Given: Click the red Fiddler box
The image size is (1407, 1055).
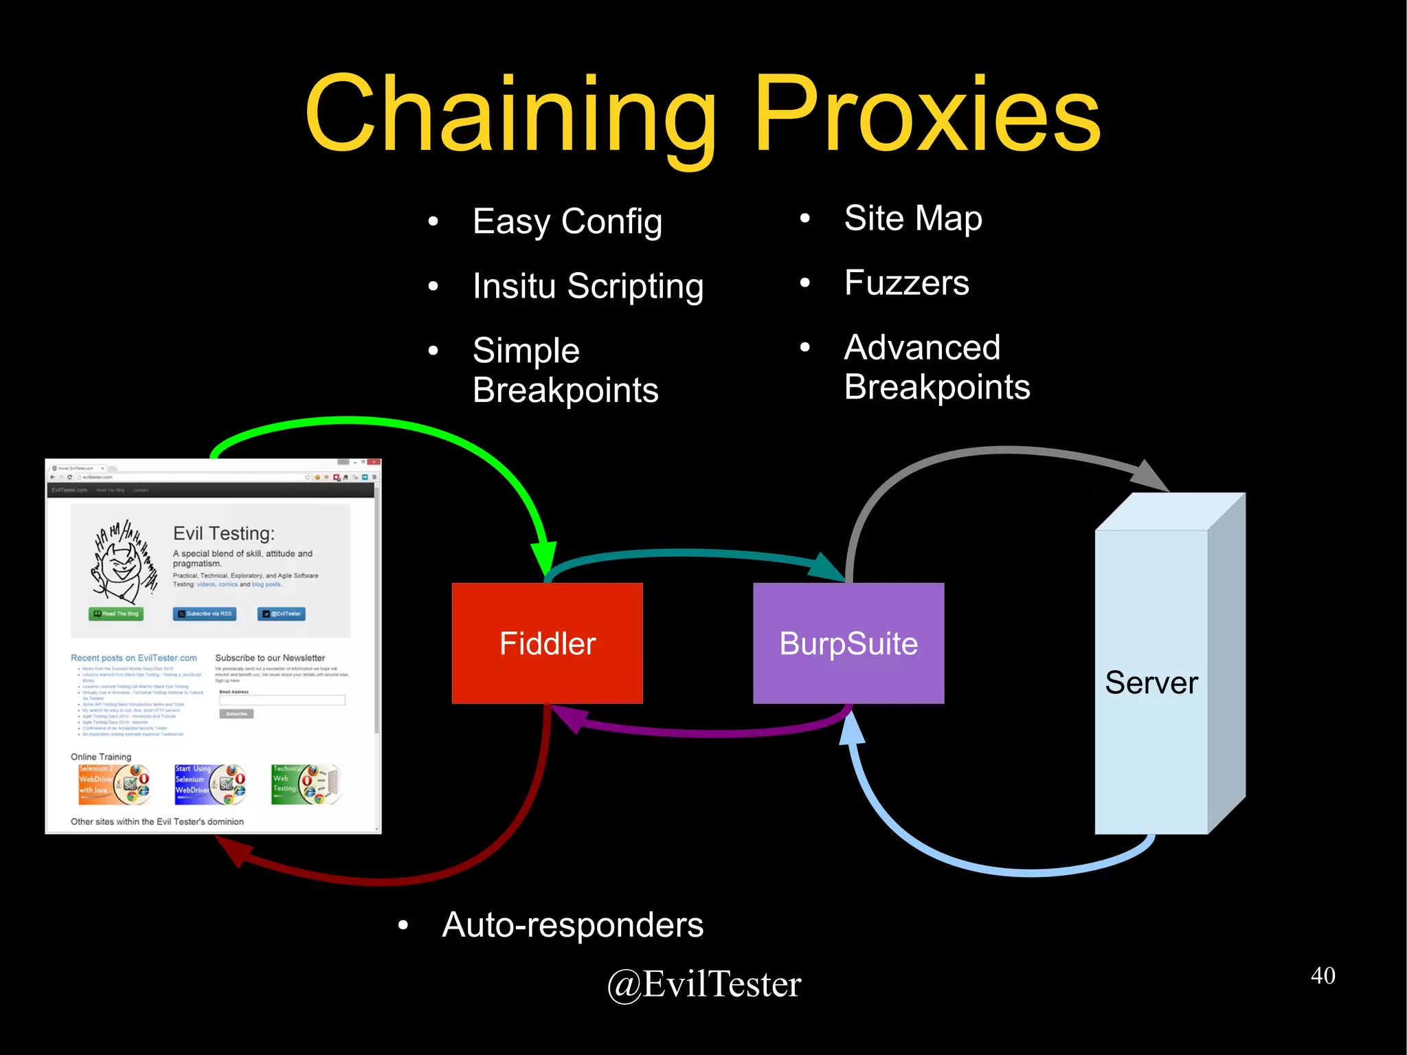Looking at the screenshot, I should pyautogui.click(x=547, y=643).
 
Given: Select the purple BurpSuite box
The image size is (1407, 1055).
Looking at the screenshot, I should pyautogui.click(x=848, y=643).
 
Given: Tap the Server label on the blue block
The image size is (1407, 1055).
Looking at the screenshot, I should pyautogui.click(x=1151, y=682).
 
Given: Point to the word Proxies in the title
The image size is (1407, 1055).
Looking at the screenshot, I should pyautogui.click(x=927, y=113).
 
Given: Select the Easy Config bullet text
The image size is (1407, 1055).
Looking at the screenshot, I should pyautogui.click(x=567, y=221).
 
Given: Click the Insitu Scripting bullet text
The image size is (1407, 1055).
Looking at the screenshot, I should pyautogui.click(x=588, y=286).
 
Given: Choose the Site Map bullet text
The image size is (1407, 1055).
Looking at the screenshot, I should pyautogui.click(x=913, y=219).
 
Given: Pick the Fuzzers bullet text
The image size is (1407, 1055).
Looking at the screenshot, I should pyautogui.click(x=907, y=283).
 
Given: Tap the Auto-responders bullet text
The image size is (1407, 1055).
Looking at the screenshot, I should pyautogui.click(x=572, y=924).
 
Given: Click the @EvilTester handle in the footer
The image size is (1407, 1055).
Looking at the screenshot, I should pyautogui.click(x=704, y=984).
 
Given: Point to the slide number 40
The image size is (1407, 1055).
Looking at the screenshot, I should pyautogui.click(x=1322, y=975).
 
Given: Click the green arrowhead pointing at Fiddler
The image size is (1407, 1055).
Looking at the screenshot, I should pyautogui.click(x=544, y=557).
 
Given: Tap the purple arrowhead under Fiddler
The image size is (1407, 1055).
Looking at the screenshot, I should pyautogui.click(x=570, y=719).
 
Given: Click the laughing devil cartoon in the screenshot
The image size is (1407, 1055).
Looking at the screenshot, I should pyautogui.click(x=124, y=560).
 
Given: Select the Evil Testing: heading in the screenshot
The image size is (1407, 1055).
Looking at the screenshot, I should pyautogui.click(x=224, y=533).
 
